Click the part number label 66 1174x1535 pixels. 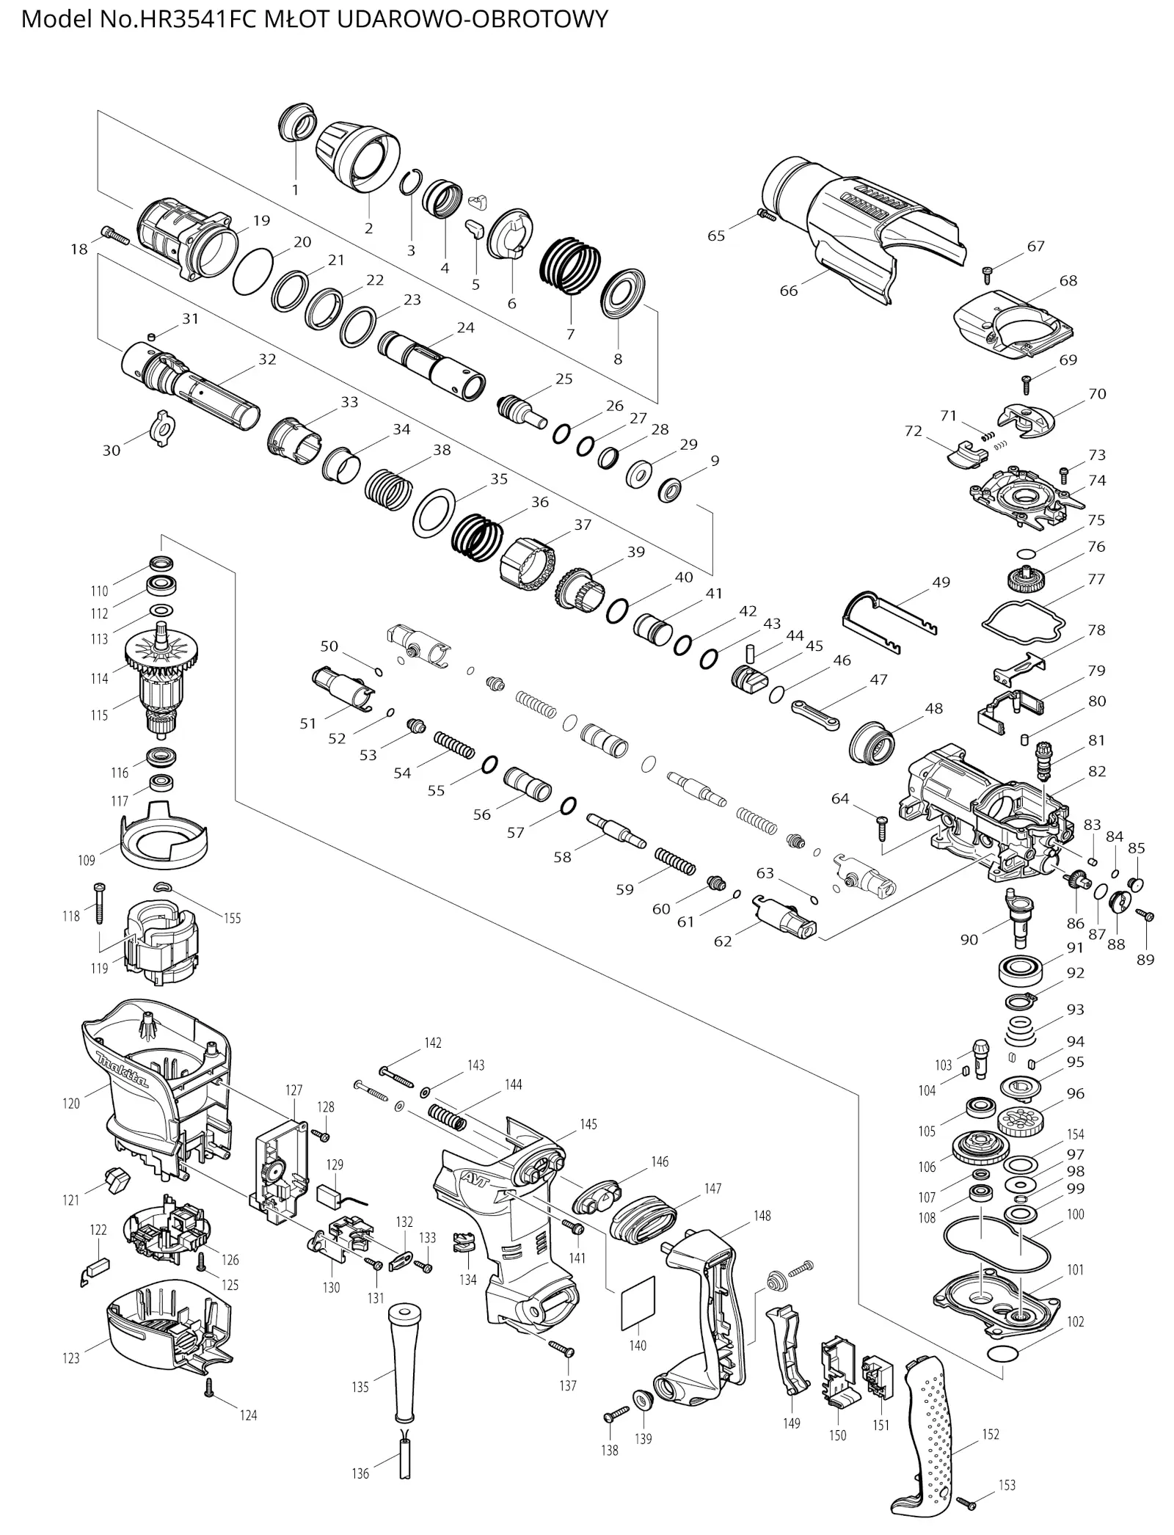788,291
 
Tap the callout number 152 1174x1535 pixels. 991,1434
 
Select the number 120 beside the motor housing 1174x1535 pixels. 71,1103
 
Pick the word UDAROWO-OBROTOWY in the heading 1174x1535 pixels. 473,19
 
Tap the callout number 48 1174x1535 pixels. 933,709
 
